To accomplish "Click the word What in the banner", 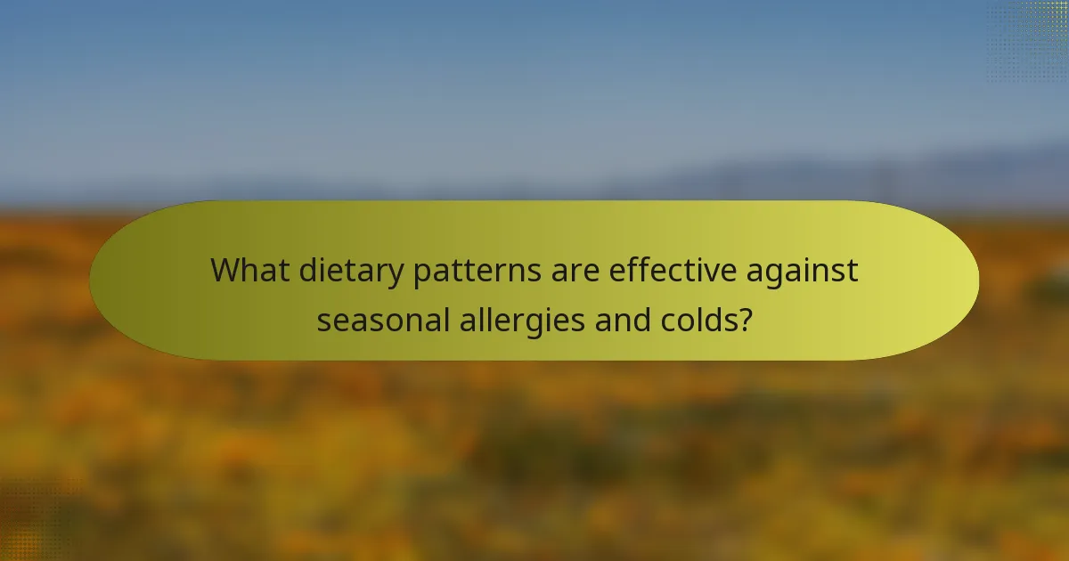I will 249,270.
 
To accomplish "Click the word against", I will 804,271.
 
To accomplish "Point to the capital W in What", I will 226,270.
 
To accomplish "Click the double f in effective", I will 645,269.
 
